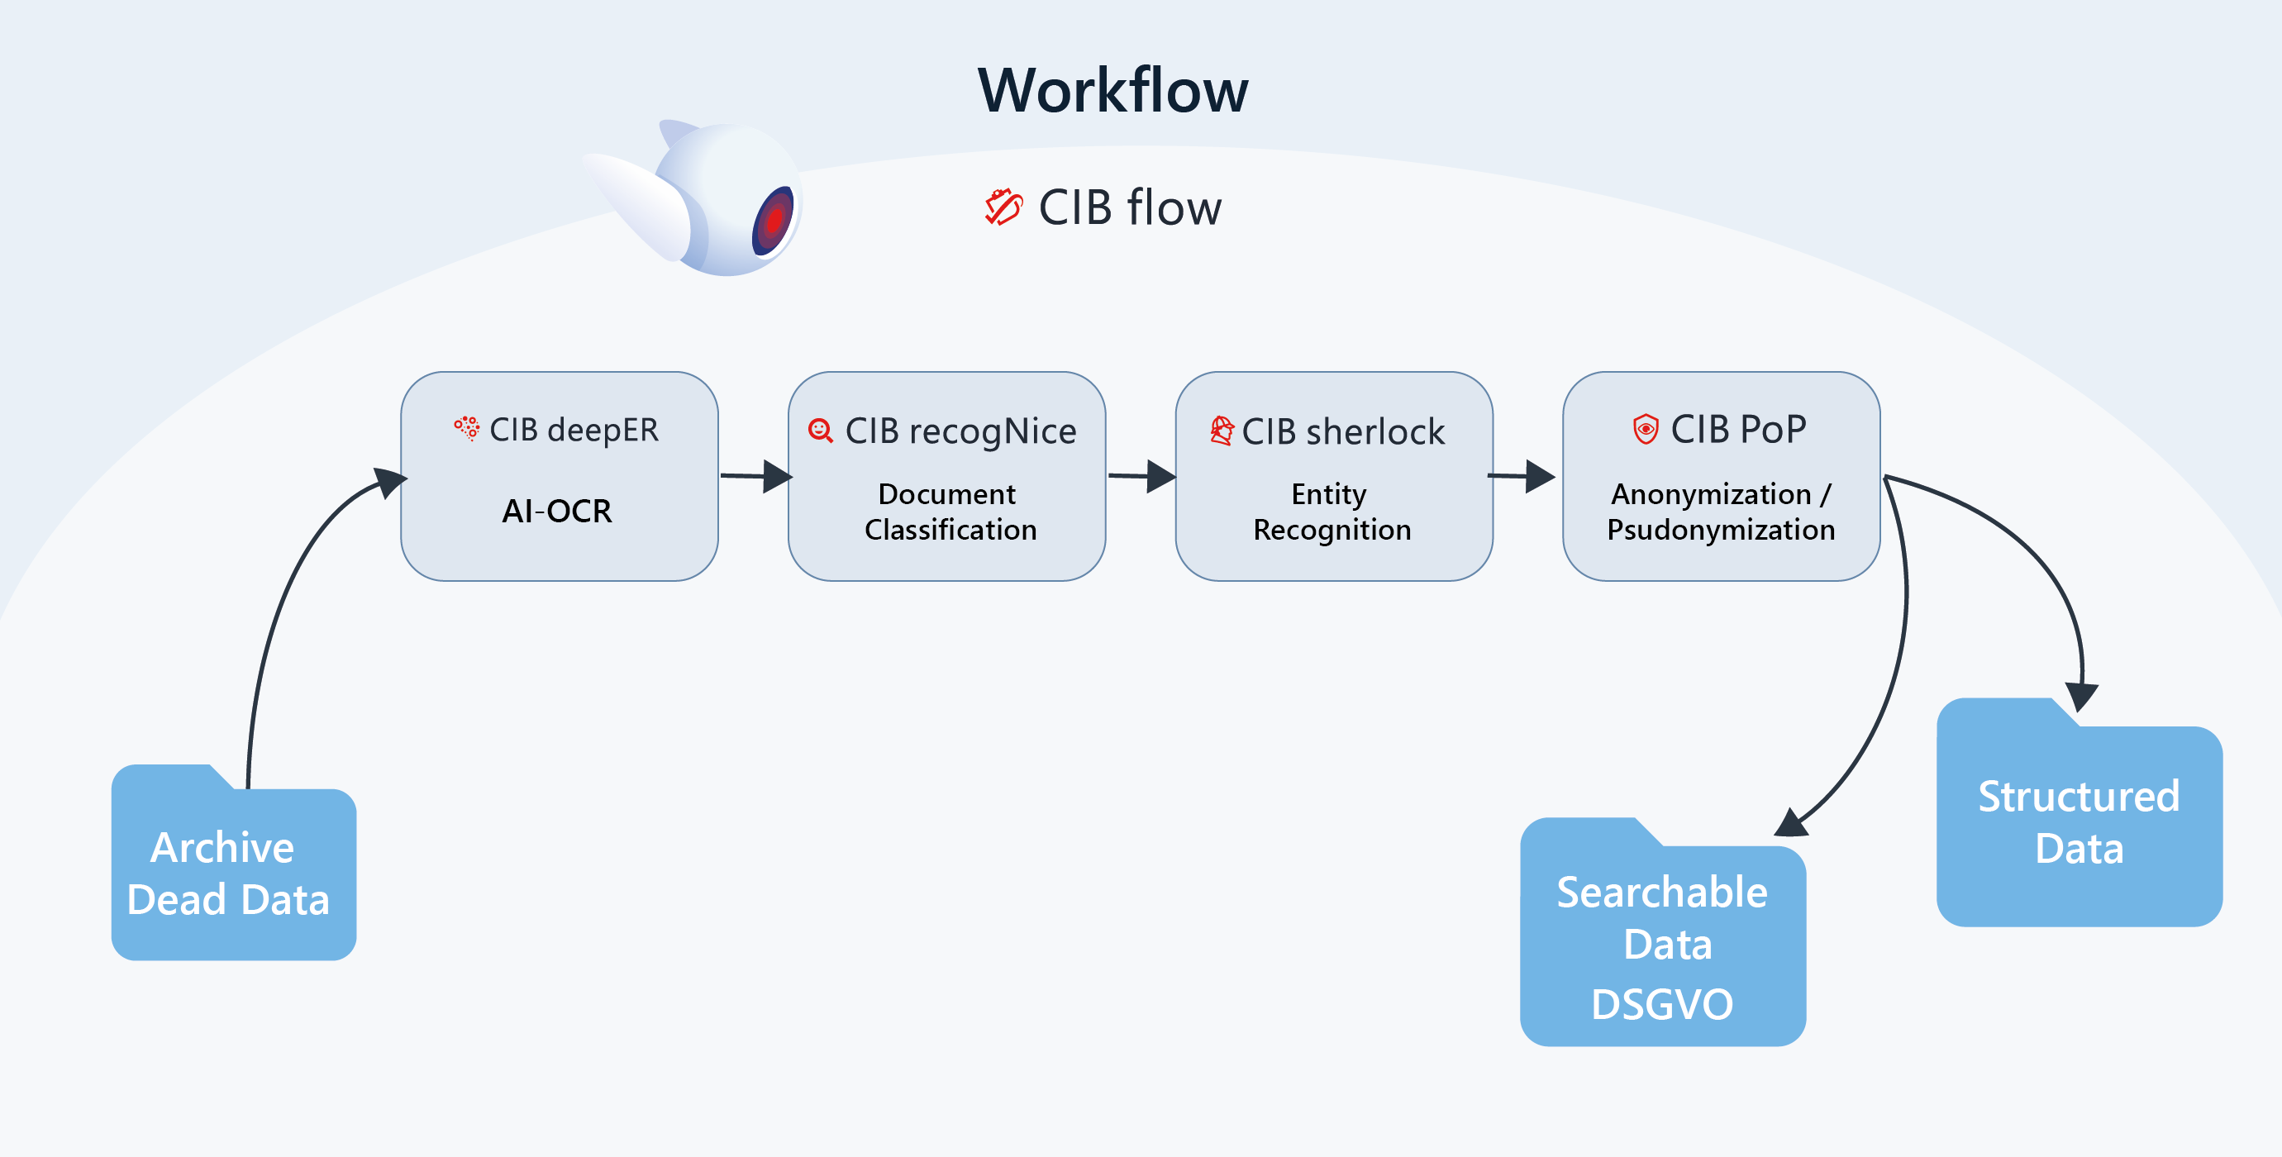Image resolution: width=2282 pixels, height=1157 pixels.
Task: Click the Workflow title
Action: coord(1112,90)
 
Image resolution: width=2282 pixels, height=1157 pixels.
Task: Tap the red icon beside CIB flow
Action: coord(1003,207)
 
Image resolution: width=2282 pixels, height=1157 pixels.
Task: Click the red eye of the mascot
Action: coord(774,220)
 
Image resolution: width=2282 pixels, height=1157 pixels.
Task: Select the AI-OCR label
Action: coord(556,512)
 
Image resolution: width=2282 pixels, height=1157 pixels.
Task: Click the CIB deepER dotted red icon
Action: coord(467,428)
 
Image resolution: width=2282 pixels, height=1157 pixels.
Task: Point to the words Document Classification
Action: coord(950,512)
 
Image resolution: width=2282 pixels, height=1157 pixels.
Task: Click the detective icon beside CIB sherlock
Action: coord(1222,431)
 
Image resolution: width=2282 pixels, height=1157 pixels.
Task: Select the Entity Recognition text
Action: coord(1332,512)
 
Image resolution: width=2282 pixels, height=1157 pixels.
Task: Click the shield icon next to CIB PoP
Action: coord(1645,429)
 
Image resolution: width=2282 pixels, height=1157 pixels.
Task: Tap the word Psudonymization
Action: coord(1720,530)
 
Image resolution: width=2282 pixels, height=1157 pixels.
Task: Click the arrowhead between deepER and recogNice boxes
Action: coord(776,477)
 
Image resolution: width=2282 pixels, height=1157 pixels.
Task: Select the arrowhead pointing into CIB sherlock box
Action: coord(1160,477)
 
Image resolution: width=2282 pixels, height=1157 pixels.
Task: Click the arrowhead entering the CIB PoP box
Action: coord(1540,476)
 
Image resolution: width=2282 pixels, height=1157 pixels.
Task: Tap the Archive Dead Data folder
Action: coord(233,873)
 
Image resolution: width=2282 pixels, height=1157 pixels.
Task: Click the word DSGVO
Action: coord(1662,1005)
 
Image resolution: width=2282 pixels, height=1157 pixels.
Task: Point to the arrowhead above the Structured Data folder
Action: coord(2081,697)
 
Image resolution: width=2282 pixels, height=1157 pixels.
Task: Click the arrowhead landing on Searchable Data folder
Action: coord(1791,823)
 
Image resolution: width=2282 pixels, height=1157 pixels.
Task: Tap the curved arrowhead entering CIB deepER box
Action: coord(390,482)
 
